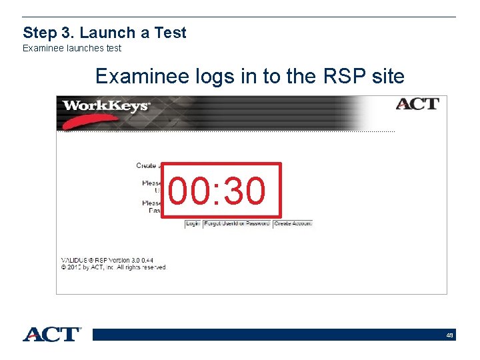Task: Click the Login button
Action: click(x=193, y=224)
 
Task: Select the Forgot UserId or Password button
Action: click(x=237, y=224)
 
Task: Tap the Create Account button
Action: click(x=293, y=224)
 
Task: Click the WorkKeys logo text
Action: click(x=106, y=106)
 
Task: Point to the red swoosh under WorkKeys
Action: click(x=87, y=121)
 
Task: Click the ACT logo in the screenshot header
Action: click(x=417, y=105)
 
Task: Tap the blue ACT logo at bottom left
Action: click(x=52, y=334)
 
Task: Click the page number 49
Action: click(x=450, y=335)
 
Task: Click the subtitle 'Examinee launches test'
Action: click(x=72, y=48)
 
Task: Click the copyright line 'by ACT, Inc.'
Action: click(x=113, y=267)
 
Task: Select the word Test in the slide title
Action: click(x=172, y=33)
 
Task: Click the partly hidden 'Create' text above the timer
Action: click(x=146, y=165)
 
